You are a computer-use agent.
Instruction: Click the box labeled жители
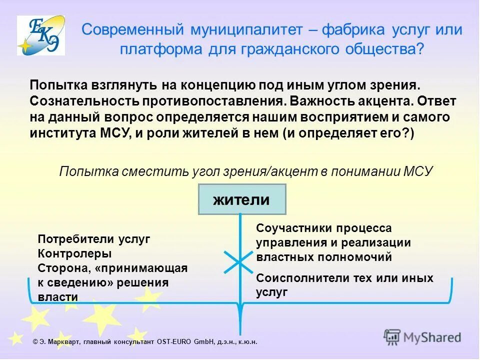pyautogui.click(x=242, y=199)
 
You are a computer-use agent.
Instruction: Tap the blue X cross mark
pyautogui.click(x=239, y=261)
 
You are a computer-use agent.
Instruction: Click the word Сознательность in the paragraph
pyautogui.click(x=84, y=100)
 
